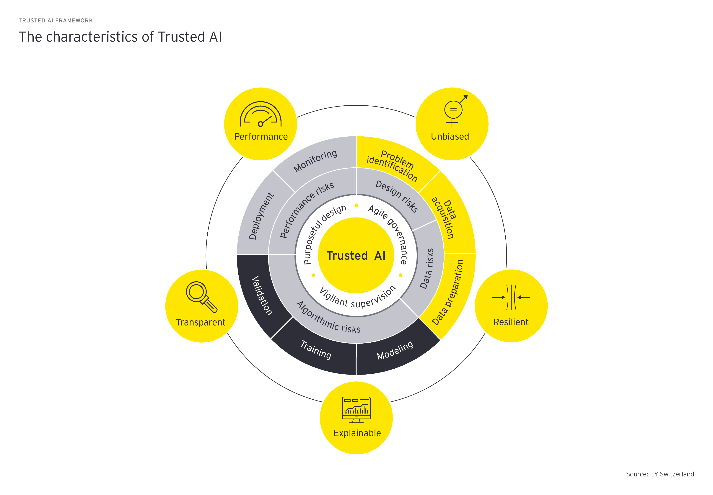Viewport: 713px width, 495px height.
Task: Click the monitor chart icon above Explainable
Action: tap(356, 409)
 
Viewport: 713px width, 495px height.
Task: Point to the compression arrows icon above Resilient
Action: tap(511, 297)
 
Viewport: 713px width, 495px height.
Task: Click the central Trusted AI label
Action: tap(356, 256)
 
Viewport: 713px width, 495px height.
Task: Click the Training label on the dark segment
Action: tap(316, 349)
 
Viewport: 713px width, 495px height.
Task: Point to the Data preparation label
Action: tap(447, 293)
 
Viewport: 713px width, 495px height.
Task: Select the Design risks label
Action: tap(397, 196)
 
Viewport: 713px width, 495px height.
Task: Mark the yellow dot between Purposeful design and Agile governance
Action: tap(356, 205)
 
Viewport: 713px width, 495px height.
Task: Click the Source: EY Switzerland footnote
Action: tap(660, 474)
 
